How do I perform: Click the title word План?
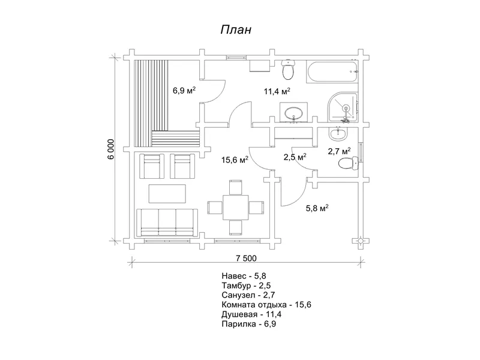pyautogui.click(x=236, y=29)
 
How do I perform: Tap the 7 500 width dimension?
pyautogui.click(x=246, y=259)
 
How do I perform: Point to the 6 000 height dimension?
pyautogui.click(x=111, y=149)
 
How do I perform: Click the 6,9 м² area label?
pyautogui.click(x=184, y=91)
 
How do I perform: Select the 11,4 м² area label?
pyautogui.click(x=277, y=91)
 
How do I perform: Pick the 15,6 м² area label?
pyautogui.click(x=235, y=160)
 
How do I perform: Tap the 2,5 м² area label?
pyautogui.click(x=295, y=157)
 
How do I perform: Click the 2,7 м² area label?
pyautogui.click(x=339, y=151)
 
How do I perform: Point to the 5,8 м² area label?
pyautogui.click(x=317, y=208)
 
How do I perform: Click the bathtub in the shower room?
pyautogui.click(x=332, y=71)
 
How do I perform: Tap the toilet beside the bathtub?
pyautogui.click(x=288, y=70)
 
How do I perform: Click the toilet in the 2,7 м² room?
pyautogui.click(x=349, y=163)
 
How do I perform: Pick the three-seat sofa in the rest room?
pyautogui.click(x=167, y=223)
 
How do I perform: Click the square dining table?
pyautogui.click(x=236, y=207)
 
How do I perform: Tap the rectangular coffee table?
pyautogui.click(x=167, y=193)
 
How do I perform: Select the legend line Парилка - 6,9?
pyautogui.click(x=248, y=324)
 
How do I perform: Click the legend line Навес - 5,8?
pyautogui.click(x=244, y=276)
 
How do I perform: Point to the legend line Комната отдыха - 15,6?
pyautogui.click(x=266, y=305)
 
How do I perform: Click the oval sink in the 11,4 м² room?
pyautogui.click(x=294, y=113)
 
